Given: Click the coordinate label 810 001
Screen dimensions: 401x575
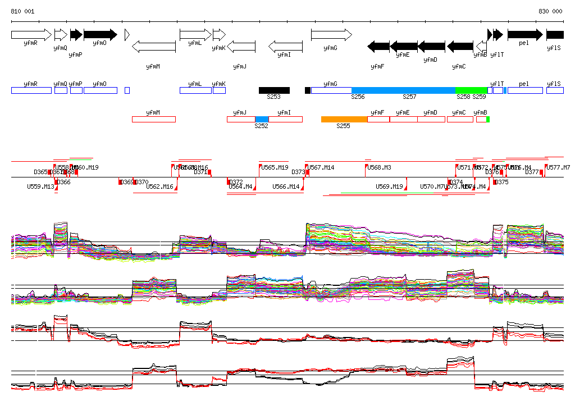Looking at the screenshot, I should coord(22,11).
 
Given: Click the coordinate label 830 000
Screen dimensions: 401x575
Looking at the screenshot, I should coord(550,11).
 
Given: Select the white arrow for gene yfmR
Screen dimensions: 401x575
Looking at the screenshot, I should coord(31,35).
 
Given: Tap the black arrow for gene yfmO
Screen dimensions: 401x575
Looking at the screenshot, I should coord(100,35).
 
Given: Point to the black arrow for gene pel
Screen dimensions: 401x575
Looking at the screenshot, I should coord(525,35).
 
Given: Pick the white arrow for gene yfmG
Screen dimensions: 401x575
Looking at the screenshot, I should coord(331,35).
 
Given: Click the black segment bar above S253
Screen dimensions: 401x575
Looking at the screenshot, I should coord(274,90).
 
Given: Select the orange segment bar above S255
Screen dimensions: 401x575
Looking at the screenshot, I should coord(344,119).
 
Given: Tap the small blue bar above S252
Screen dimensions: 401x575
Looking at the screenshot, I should coord(262,119).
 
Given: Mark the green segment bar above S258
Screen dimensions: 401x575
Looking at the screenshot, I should coord(471,90).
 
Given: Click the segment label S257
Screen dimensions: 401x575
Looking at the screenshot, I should coord(409,97).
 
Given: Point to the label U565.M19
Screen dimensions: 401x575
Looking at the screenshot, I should coord(275,167).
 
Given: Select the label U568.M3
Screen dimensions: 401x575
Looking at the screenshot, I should coord(379,167).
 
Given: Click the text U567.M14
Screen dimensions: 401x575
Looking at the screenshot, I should coord(321,167).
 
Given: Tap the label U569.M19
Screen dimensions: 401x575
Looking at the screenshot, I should coord(390,186).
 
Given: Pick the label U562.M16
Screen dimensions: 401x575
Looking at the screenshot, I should coord(159,186).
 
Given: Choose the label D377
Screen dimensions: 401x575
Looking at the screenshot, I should coord(532,172).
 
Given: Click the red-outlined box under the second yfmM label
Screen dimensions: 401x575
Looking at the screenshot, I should coord(153,119).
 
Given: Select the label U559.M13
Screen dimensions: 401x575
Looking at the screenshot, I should coord(40,186).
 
